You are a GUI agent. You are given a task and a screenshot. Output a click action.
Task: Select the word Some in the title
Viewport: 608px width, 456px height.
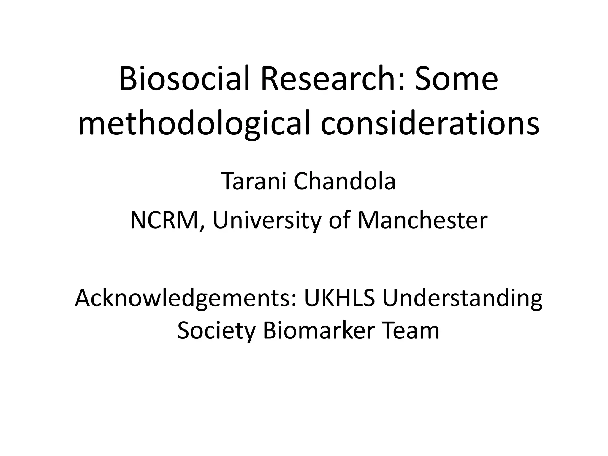click(x=456, y=79)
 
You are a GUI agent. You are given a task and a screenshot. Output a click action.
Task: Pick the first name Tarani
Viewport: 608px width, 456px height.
click(x=254, y=181)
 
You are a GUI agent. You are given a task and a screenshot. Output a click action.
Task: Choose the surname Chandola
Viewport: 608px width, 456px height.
click(x=345, y=181)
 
